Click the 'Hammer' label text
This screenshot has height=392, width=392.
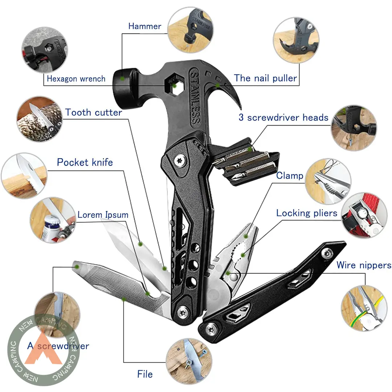[145, 26]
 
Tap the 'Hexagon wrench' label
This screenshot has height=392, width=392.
[76, 79]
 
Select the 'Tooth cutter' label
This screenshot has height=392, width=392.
[94, 113]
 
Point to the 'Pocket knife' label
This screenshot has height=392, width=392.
[85, 162]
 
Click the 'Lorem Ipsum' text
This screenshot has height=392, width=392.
[103, 215]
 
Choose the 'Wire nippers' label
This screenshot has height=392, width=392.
[364, 265]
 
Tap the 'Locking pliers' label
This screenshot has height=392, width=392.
[307, 213]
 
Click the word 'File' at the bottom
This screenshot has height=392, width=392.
[145, 374]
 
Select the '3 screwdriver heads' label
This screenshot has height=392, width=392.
[283, 117]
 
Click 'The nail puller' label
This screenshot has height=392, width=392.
[265, 78]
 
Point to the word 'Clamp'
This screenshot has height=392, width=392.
[290, 176]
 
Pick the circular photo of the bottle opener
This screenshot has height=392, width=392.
[53, 220]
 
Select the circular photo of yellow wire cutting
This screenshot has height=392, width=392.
[364, 308]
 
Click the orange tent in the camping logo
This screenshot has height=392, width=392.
[44, 349]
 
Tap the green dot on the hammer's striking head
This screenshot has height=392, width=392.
[122, 78]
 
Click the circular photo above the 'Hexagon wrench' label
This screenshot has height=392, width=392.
[45, 50]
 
